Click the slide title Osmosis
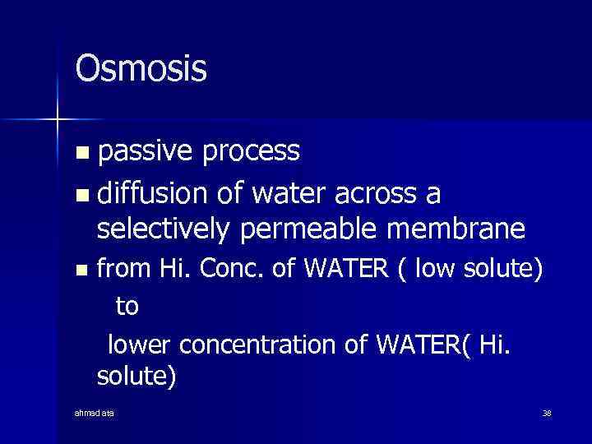point(141,69)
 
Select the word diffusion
point(154,194)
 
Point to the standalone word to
point(127,307)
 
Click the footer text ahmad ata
point(95,412)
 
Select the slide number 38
point(546,412)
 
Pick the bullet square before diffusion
point(80,197)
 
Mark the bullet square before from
point(80,270)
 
